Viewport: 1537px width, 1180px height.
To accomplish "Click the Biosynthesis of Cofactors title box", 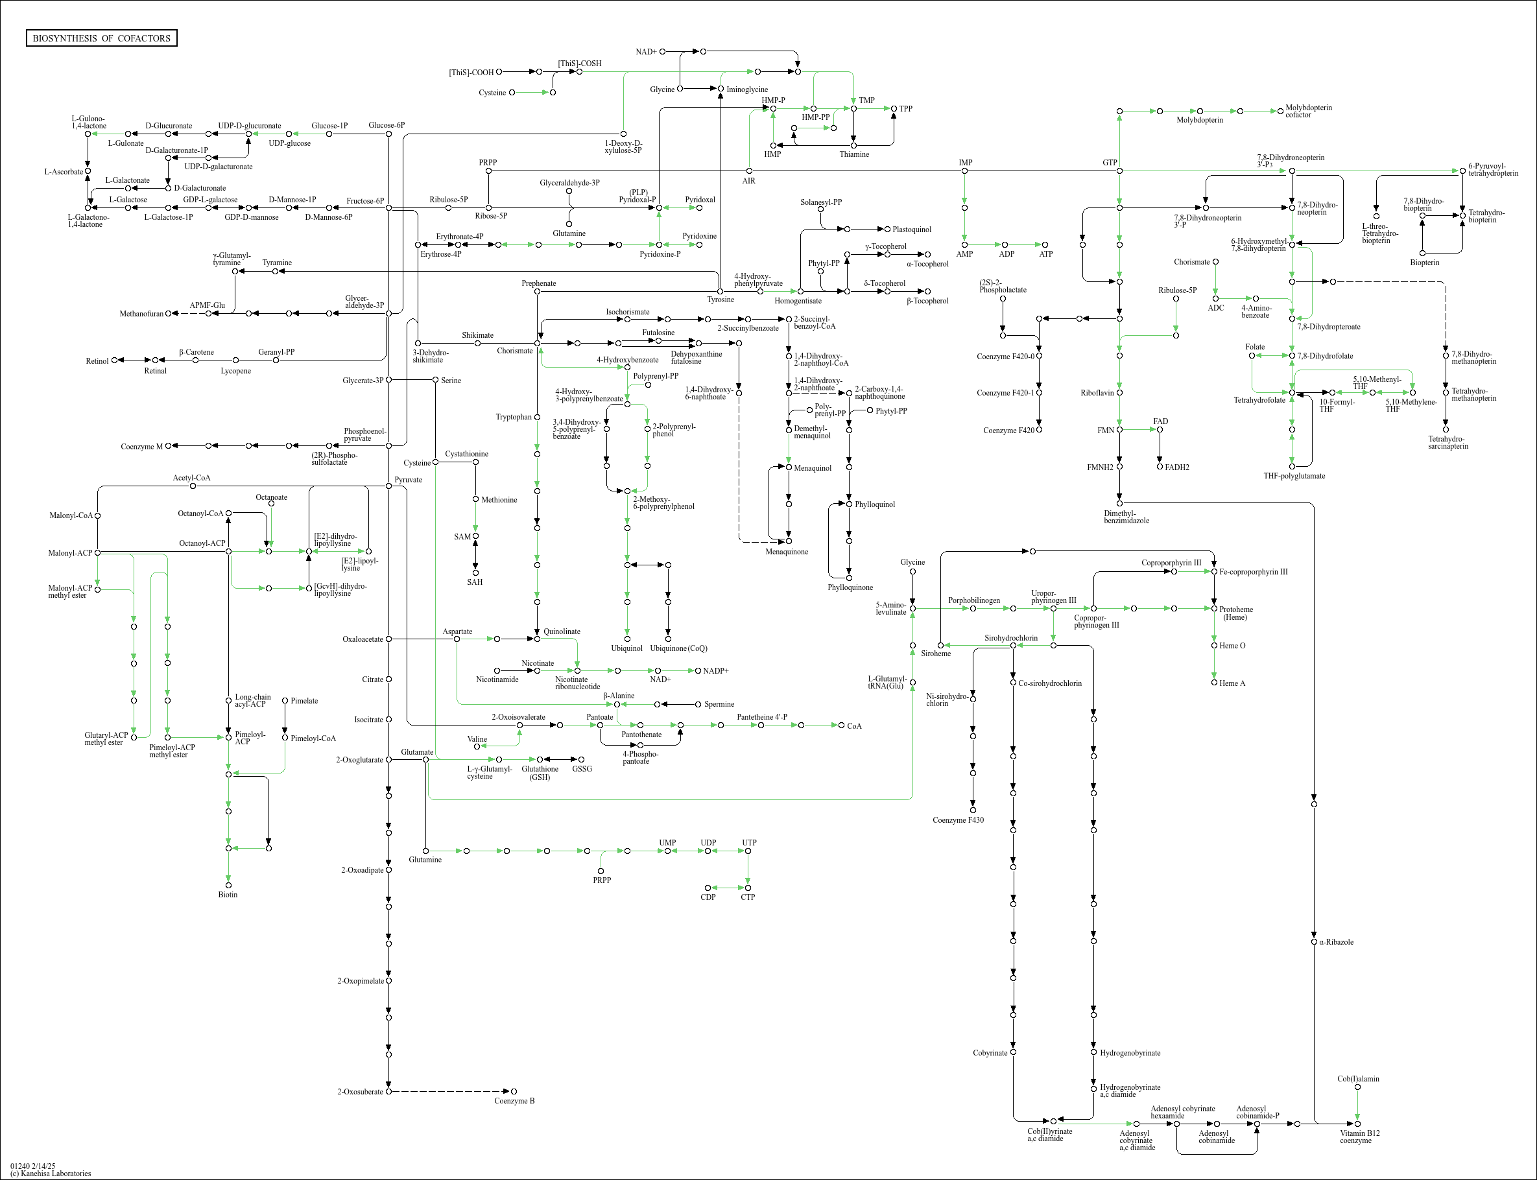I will (x=101, y=38).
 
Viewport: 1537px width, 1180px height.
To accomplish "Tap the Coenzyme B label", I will (x=514, y=1101).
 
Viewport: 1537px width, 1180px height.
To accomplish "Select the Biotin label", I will (x=228, y=895).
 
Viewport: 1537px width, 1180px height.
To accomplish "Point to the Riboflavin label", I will (x=1097, y=393).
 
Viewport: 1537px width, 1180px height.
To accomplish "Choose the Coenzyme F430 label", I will (x=958, y=820).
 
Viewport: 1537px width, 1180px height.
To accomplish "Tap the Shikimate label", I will (x=478, y=335).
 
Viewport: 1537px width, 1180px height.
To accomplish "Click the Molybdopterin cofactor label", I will (x=1308, y=111).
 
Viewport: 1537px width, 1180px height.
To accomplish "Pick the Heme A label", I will (x=1232, y=683).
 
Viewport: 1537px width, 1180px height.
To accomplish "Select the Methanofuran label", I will (x=141, y=314).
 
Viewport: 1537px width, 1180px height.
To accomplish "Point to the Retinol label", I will (x=98, y=361).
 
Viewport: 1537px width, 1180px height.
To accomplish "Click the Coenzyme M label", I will (x=142, y=447).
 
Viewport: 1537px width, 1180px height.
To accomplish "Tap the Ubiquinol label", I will (x=626, y=648).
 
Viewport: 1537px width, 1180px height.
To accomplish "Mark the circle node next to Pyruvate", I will (x=388, y=486).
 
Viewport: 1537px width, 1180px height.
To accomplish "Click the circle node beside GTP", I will (x=1120, y=171).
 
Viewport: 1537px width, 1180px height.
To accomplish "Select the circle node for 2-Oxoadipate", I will (x=388, y=869).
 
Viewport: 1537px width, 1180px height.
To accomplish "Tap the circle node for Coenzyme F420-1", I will (x=1040, y=393).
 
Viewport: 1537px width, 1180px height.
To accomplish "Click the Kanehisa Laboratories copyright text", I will (x=51, y=1173).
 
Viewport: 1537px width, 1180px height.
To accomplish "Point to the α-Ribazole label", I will (x=1336, y=942).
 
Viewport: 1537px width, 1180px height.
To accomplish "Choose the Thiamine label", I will (x=853, y=154).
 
